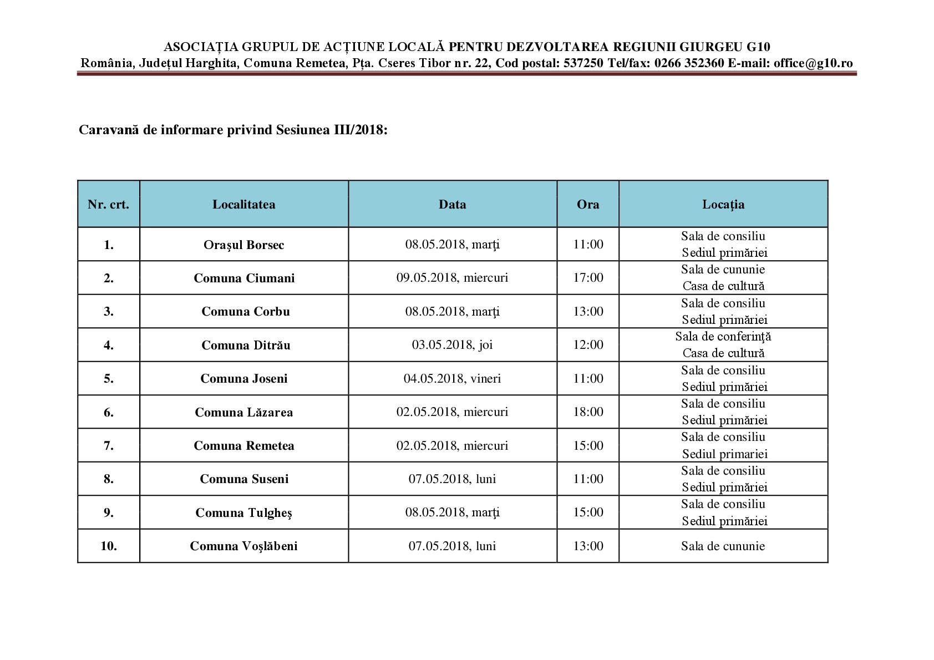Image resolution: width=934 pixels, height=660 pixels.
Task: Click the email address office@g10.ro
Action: pos(813,63)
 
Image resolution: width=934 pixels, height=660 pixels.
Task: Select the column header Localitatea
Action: pos(243,205)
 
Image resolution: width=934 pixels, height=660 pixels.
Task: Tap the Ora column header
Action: pos(588,205)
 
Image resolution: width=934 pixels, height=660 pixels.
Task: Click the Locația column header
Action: pos(723,205)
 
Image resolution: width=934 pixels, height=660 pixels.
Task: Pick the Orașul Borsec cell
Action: pos(243,245)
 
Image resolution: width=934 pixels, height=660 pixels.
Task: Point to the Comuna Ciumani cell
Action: pos(244,278)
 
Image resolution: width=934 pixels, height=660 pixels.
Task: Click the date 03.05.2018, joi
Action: pos(452,345)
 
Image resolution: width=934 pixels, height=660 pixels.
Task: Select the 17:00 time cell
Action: pos(588,278)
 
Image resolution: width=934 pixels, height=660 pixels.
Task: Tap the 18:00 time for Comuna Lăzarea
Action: pos(588,412)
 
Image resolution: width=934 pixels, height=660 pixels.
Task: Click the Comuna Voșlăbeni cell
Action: pos(243,546)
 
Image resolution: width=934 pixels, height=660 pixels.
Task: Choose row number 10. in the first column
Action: pos(109,546)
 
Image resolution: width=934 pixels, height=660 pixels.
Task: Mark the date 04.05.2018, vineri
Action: pos(452,379)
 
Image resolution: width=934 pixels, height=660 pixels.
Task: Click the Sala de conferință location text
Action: pos(723,337)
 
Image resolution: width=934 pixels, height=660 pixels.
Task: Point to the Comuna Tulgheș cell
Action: pos(243,513)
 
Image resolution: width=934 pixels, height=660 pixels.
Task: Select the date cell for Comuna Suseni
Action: pos(452,479)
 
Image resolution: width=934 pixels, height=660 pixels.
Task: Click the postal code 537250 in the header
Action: pos(583,63)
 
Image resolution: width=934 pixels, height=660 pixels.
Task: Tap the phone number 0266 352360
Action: pos(689,63)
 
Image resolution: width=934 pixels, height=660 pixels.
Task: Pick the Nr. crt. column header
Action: pos(109,205)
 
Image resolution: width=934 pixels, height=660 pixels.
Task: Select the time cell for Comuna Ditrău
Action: pos(588,345)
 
